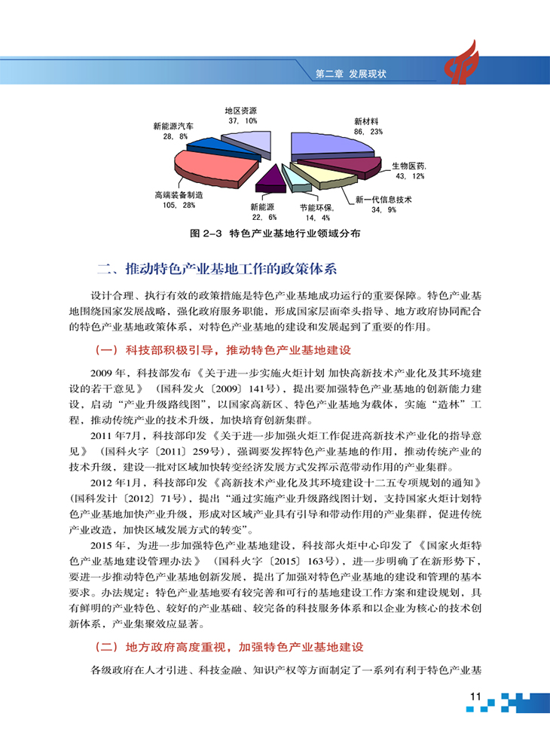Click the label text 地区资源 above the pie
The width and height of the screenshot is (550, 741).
pos(240,110)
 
